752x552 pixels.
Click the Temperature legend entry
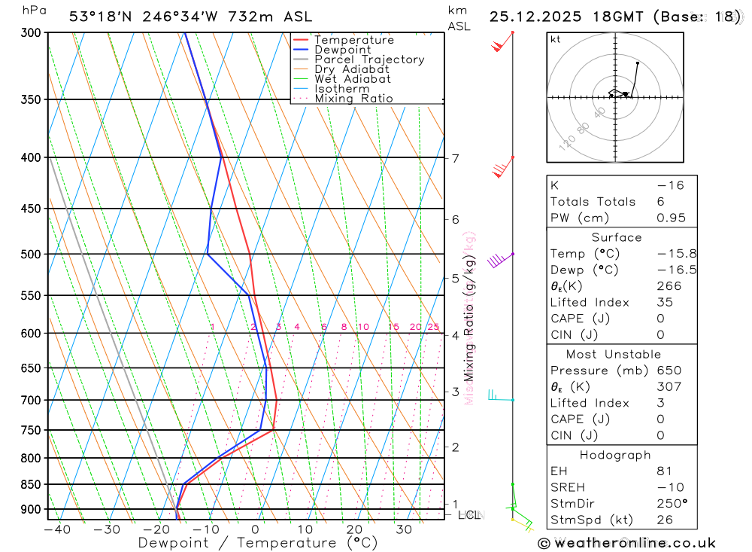(x=353, y=40)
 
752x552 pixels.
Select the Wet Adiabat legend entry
(x=352, y=78)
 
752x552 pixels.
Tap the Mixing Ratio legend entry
(x=353, y=98)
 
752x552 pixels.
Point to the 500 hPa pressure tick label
(x=29, y=255)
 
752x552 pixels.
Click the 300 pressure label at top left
(x=29, y=33)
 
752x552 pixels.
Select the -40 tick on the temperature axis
(x=57, y=529)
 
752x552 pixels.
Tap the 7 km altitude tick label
(x=455, y=158)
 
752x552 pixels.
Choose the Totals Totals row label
(x=593, y=202)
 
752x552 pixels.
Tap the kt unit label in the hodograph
(x=556, y=40)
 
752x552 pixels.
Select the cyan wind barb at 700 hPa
(x=496, y=395)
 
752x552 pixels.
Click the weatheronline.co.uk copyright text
(x=626, y=543)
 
